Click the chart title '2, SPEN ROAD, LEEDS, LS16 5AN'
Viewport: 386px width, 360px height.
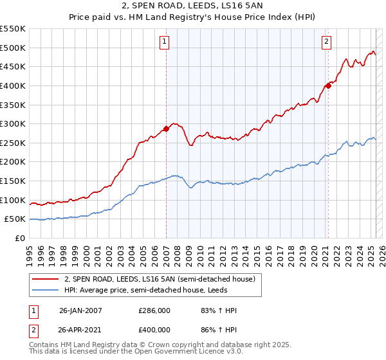(x=192, y=6)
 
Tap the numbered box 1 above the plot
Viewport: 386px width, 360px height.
(x=165, y=42)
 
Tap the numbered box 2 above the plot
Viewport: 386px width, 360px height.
(x=327, y=42)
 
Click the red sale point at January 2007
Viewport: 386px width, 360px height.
(x=166, y=129)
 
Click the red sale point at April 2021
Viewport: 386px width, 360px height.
(x=328, y=85)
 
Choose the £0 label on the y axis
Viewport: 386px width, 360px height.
(x=20, y=238)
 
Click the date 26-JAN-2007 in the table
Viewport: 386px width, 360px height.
(x=80, y=310)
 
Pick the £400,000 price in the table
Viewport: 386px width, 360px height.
(x=154, y=332)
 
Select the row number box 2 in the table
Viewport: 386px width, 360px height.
(x=33, y=332)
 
